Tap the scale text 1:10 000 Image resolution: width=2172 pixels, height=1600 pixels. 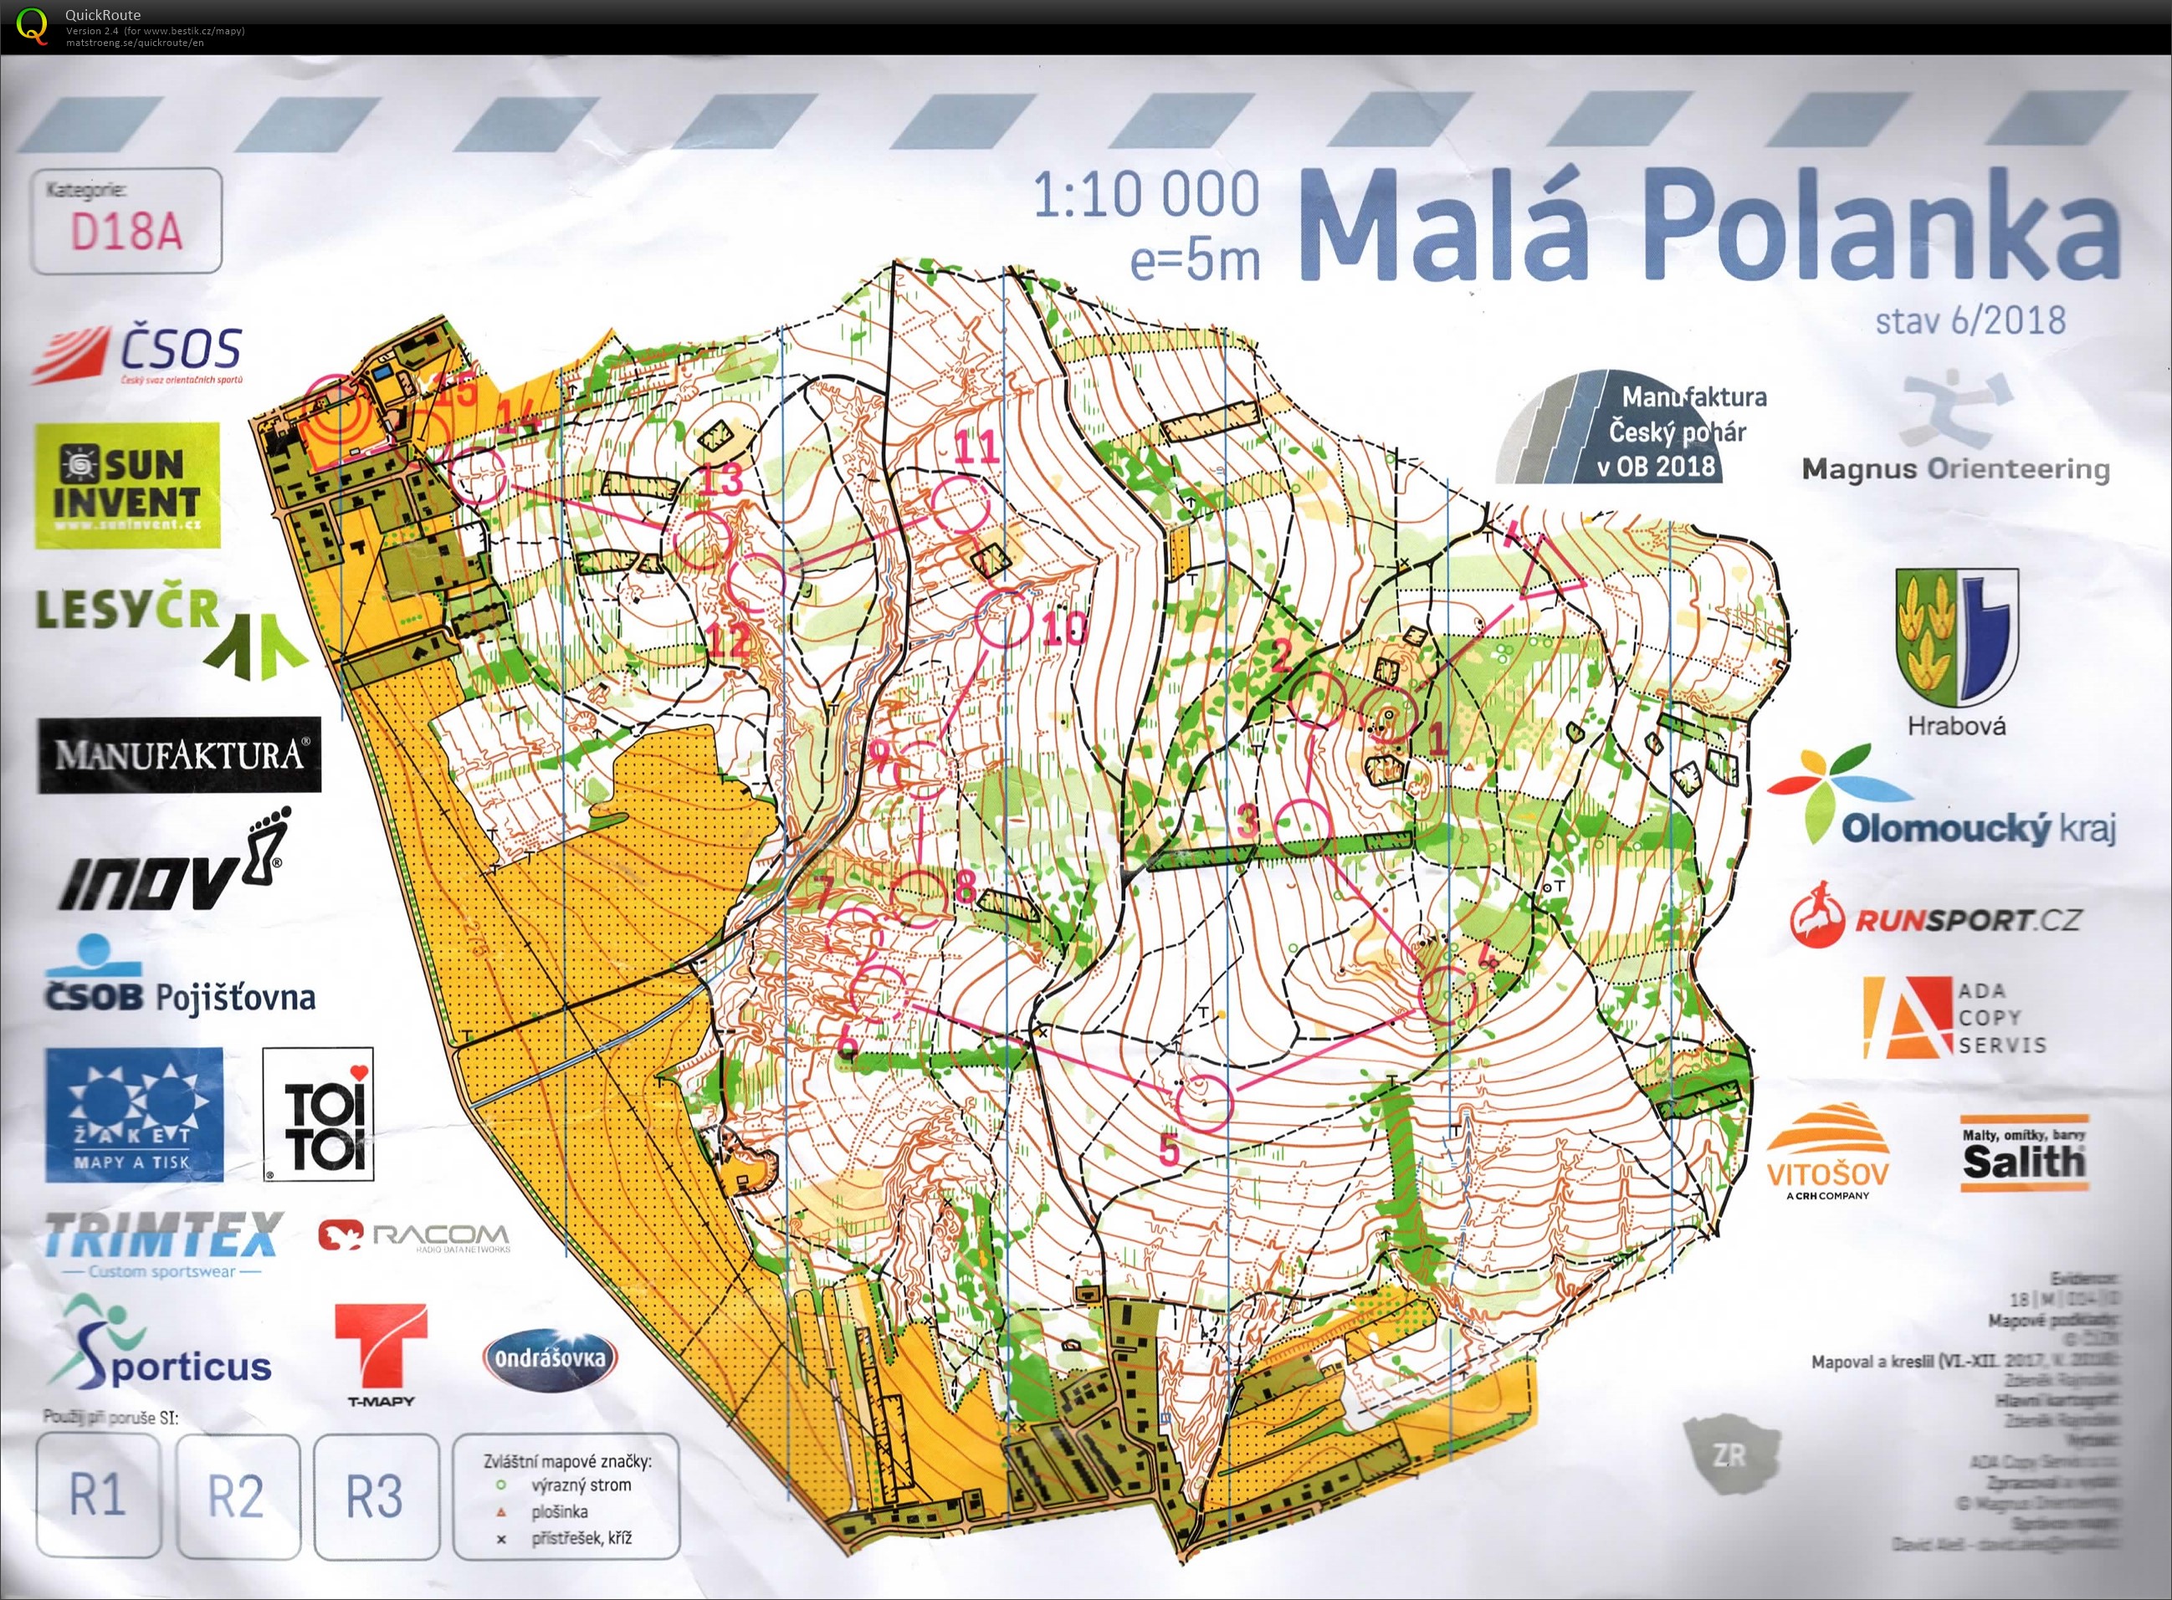(1146, 196)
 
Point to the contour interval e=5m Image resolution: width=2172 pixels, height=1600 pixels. (1195, 259)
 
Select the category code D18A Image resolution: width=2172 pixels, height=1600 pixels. (126, 231)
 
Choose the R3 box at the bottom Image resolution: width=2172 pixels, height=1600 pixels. (374, 1495)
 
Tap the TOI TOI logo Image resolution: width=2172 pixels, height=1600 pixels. (318, 1114)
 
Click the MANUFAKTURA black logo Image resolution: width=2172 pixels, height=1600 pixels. (179, 754)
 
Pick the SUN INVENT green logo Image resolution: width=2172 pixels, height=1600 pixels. (127, 484)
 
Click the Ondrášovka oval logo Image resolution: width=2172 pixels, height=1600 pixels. (551, 1358)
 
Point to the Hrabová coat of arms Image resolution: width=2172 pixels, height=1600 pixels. (1957, 639)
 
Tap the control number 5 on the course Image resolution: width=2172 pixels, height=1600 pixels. (1170, 1150)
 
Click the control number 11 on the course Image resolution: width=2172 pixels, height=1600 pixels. (976, 447)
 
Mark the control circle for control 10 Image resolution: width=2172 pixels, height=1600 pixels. (1004, 620)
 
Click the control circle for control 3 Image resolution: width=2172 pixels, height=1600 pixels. (1304, 829)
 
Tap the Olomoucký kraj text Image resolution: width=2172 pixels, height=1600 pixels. (1976, 828)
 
